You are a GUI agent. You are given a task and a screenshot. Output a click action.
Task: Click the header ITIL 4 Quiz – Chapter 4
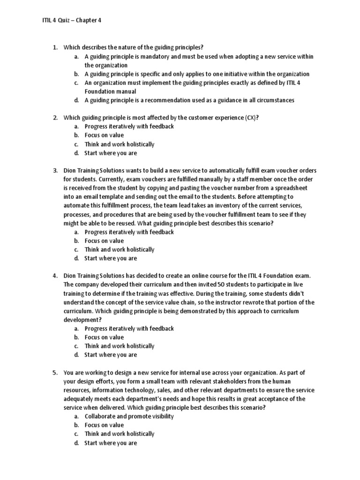[68, 20]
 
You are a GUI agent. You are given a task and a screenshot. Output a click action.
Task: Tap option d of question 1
[189, 100]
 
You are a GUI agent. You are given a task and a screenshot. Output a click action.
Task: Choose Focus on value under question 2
[104, 135]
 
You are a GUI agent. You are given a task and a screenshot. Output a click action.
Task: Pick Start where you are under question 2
[111, 153]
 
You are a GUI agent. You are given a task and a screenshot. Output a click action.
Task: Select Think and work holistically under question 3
[119, 250]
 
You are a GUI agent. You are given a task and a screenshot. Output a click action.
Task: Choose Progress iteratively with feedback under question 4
[129, 329]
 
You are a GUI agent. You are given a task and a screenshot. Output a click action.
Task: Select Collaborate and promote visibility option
[129, 416]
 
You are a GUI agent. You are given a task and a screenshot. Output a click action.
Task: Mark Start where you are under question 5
[111, 443]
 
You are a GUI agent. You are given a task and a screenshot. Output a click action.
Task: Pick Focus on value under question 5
[104, 425]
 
